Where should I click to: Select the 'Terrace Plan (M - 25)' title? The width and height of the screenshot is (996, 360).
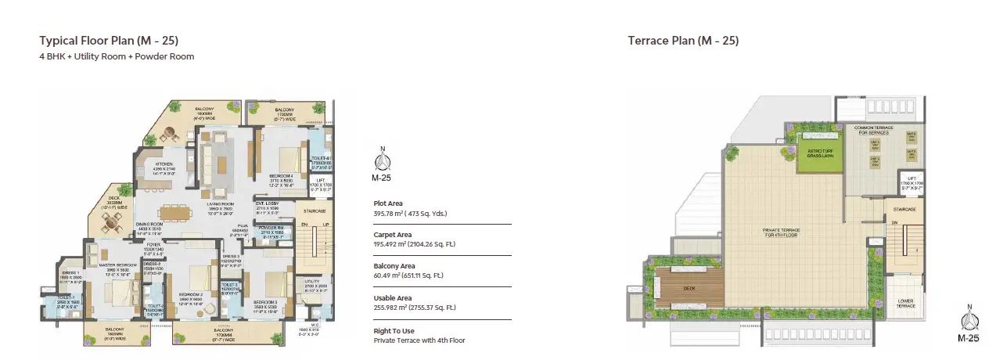[683, 41]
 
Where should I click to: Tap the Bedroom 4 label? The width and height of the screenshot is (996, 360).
[281, 178]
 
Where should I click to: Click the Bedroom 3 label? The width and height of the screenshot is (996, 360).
[265, 304]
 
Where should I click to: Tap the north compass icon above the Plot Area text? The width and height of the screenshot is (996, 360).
[382, 162]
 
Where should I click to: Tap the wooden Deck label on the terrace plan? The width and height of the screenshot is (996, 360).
[689, 288]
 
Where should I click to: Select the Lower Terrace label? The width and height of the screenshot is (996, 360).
[905, 303]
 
